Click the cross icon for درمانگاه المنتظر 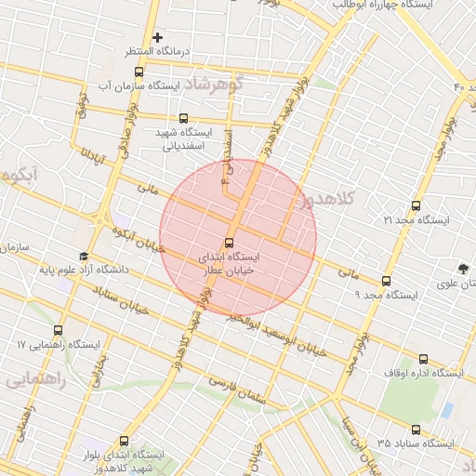(x=158, y=36)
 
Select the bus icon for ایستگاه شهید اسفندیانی (x=183, y=119)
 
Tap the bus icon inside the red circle (x=230, y=244)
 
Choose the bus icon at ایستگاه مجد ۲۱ (x=416, y=206)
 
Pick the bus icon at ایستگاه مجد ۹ (x=387, y=281)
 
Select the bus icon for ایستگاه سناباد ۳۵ (x=416, y=430)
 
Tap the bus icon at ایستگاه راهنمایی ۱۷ (x=59, y=331)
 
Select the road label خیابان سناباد (x=121, y=303)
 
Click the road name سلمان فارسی (x=237, y=389)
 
